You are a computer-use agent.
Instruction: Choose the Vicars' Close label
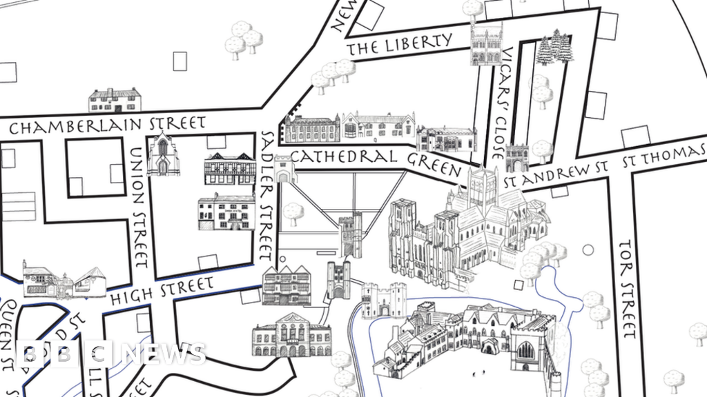click(x=503, y=94)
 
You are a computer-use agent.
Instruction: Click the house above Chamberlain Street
click(x=115, y=100)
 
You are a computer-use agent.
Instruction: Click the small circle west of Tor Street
click(x=588, y=250)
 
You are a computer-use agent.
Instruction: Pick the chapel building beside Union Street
click(x=163, y=155)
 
